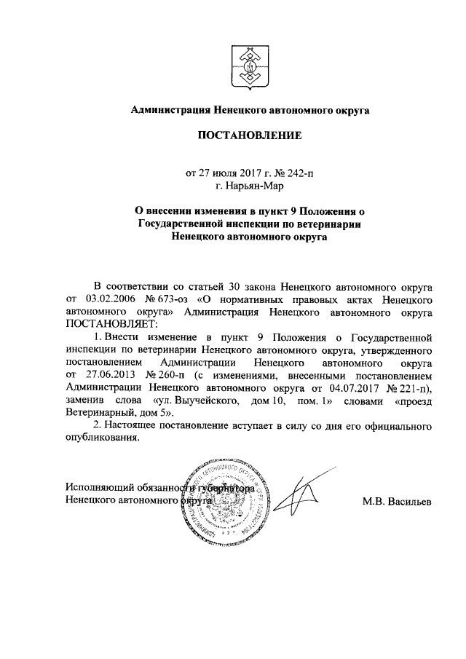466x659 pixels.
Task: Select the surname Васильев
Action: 408,502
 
